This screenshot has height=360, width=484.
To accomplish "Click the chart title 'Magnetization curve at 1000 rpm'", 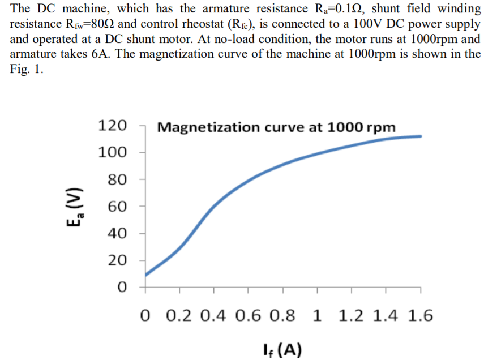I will pos(276,126).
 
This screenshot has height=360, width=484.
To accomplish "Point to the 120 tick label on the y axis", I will pos(113,125).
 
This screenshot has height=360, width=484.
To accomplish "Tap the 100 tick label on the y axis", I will pos(113,152).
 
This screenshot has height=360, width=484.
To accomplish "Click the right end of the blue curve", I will pos(421,136).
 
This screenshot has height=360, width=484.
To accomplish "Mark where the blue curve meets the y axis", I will pos(146,276).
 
